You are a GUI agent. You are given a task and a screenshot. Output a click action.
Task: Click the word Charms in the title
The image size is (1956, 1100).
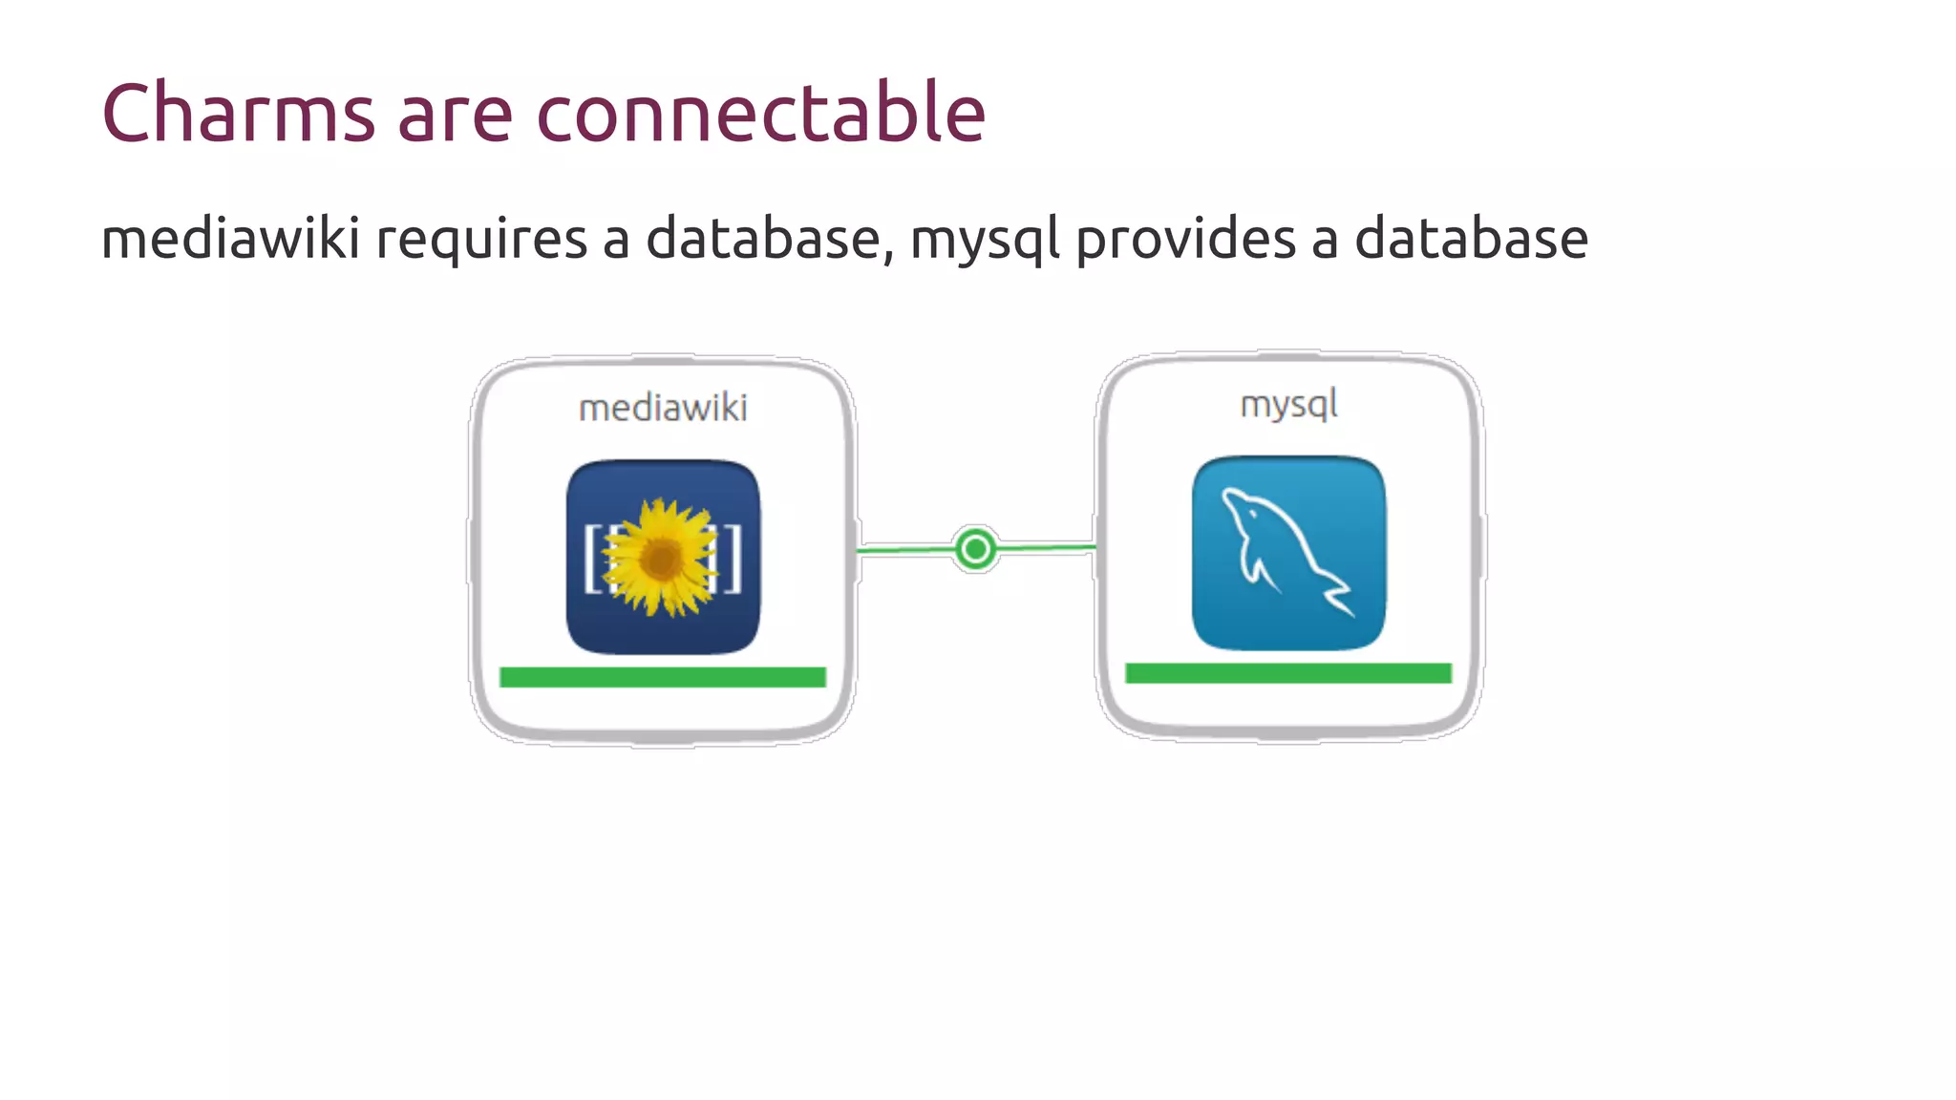(238, 114)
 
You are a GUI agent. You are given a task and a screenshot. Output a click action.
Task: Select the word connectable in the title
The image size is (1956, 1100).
(760, 114)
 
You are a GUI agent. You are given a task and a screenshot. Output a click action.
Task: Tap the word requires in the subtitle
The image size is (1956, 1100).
(480, 240)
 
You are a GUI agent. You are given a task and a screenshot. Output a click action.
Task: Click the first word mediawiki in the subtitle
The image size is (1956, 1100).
(230, 238)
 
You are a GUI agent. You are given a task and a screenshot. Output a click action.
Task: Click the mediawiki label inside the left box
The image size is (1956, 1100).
(663, 409)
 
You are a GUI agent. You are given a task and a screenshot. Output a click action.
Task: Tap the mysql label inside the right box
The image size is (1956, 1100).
(1288, 405)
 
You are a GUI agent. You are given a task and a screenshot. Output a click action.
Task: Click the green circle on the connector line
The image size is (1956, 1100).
(975, 549)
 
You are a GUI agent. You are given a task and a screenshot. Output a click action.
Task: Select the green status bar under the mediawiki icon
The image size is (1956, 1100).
(662, 677)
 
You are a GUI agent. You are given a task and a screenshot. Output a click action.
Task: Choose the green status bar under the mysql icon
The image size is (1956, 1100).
(1287, 673)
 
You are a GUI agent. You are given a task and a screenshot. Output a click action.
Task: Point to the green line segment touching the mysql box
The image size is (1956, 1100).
(1046, 547)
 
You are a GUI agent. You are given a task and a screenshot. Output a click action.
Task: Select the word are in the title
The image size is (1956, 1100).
(455, 114)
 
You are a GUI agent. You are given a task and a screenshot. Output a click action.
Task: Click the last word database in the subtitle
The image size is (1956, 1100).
(1471, 240)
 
